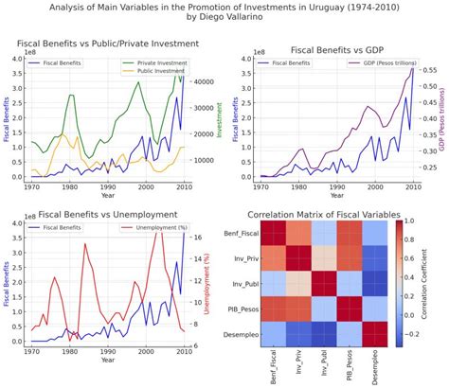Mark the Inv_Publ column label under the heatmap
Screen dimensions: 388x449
317,360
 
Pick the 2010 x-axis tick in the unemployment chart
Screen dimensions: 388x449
182,353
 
